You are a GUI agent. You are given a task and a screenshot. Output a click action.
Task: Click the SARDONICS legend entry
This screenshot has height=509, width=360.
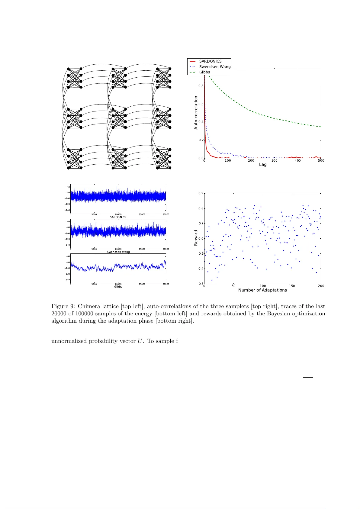coord(210,61)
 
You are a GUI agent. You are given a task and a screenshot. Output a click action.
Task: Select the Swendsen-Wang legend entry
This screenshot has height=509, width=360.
coord(215,67)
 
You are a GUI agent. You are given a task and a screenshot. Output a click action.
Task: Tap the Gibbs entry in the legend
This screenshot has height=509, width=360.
coord(204,72)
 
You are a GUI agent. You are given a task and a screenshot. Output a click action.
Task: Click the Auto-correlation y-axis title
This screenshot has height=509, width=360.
coord(196,113)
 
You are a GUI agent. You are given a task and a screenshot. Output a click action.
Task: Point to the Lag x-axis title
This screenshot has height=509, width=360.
coord(263,165)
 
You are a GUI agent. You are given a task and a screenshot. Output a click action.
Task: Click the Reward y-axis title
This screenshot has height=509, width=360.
coord(196,238)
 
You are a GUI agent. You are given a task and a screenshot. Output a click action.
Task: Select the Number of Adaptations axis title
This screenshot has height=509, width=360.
coord(262,290)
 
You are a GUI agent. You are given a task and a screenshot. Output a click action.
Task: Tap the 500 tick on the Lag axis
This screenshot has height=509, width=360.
coord(321,161)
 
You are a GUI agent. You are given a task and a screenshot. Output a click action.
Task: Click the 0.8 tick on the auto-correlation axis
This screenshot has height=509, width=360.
coord(201,86)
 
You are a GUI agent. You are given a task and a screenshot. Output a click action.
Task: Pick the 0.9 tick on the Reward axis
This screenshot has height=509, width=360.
coord(201,193)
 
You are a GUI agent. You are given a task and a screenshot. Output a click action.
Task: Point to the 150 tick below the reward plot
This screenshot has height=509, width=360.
coord(292,286)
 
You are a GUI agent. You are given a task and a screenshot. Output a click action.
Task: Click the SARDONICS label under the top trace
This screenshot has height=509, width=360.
coord(118,217)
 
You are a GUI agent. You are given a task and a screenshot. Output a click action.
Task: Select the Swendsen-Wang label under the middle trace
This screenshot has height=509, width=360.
coord(118,252)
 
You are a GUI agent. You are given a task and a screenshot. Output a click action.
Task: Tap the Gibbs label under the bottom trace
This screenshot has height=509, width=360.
coord(118,287)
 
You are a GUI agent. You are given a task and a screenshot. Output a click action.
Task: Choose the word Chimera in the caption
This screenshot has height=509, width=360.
coord(88,306)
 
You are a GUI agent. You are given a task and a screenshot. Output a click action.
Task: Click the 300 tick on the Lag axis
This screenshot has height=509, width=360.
coord(274,161)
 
